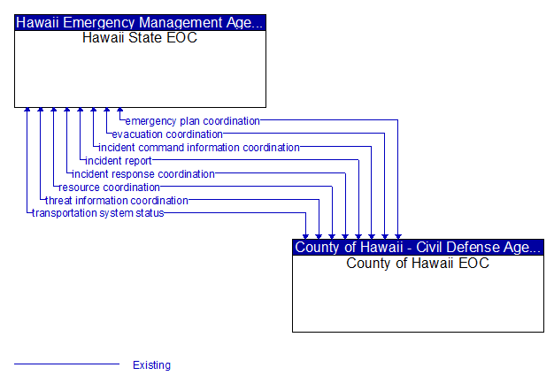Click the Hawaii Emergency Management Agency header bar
click(x=140, y=23)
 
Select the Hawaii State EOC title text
click(x=140, y=38)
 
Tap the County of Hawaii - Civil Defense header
click(x=418, y=248)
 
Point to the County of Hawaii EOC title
click(x=418, y=263)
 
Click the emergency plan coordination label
click(x=193, y=121)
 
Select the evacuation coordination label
click(x=167, y=134)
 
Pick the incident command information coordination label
click(x=199, y=148)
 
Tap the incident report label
click(x=119, y=161)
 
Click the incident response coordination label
click(x=143, y=174)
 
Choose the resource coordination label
click(x=109, y=188)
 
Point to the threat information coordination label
click(x=117, y=201)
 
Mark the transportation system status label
click(x=98, y=213)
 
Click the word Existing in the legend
click(x=151, y=365)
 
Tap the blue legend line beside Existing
click(x=66, y=364)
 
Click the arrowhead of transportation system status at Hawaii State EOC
click(x=27, y=110)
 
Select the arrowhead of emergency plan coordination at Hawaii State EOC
click(x=120, y=110)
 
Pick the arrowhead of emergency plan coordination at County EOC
click(x=398, y=237)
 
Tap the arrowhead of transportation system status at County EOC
click(x=305, y=237)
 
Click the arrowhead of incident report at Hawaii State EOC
click(x=81, y=110)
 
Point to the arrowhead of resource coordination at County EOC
click(x=332, y=237)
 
